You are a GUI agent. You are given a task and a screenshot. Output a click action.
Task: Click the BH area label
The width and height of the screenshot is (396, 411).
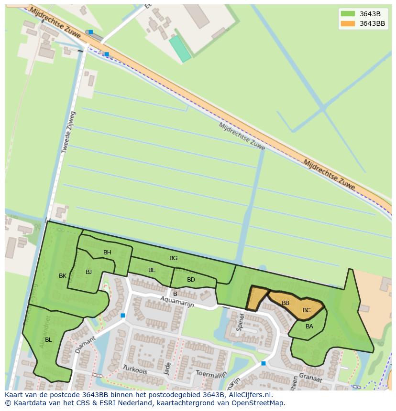[x=107, y=253]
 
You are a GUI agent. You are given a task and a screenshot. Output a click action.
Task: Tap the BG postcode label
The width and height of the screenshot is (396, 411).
[x=173, y=258]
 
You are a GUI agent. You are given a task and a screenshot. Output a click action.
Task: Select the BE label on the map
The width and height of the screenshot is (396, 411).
[x=152, y=270]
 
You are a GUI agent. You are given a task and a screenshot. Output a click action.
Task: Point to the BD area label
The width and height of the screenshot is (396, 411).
[x=191, y=280]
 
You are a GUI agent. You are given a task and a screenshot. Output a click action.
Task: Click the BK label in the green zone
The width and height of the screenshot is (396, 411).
[x=63, y=276]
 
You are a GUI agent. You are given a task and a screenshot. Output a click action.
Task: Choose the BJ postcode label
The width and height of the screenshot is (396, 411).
[x=88, y=272]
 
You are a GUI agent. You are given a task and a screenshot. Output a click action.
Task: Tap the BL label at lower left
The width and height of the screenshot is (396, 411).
[x=48, y=340]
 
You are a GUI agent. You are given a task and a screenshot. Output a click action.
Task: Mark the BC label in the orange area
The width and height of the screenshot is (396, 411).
[x=307, y=310]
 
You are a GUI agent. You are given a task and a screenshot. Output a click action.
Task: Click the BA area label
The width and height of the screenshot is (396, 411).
[x=309, y=327]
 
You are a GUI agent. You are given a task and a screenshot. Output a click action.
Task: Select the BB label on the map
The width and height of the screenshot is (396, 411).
[x=286, y=303]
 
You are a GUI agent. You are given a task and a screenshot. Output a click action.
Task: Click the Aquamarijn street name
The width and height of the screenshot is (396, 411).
[x=177, y=301]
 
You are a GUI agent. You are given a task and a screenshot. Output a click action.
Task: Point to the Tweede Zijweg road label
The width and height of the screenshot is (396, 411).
[x=68, y=132]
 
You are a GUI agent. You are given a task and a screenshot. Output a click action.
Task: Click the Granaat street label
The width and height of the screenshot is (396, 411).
[x=310, y=378]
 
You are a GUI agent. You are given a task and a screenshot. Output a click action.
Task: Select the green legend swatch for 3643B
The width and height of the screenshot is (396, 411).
[x=348, y=14]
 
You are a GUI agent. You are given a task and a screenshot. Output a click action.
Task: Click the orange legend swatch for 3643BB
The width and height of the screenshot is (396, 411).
[x=348, y=23]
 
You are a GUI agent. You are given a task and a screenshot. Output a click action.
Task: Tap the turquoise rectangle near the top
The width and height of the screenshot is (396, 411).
[x=180, y=49]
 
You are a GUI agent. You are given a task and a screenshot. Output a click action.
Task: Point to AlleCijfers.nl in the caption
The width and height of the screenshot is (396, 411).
[x=249, y=395]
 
